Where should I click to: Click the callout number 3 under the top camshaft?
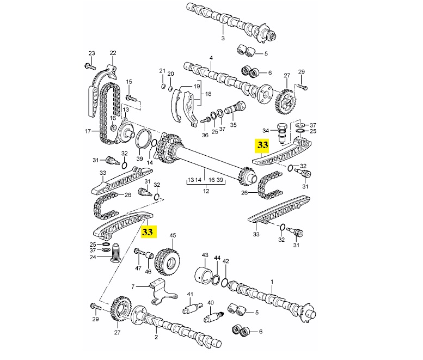coord(223,39)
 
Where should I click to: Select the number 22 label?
coord(113,53)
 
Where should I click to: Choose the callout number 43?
coord(205,255)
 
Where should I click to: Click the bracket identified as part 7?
coord(158,289)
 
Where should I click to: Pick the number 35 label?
coord(234,125)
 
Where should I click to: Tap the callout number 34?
coord(266,131)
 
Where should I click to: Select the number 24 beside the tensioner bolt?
coord(93,257)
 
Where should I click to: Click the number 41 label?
coord(191,295)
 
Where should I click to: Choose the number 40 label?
coord(211,303)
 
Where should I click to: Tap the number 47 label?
coord(138,269)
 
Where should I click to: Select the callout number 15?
coord(129,82)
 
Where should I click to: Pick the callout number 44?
coord(217,258)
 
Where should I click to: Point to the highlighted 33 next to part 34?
coord(263,145)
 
